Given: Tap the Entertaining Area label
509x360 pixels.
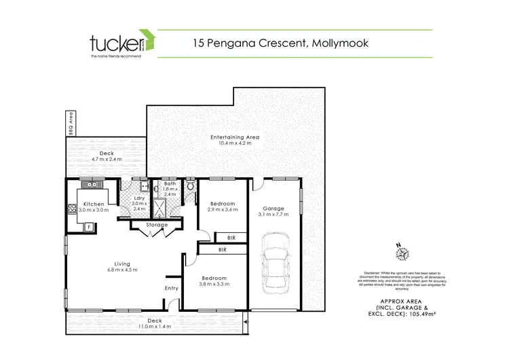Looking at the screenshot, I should (x=235, y=137).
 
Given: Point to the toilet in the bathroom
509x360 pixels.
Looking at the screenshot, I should (x=191, y=185).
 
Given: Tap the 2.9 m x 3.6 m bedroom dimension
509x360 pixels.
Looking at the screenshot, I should (x=222, y=211).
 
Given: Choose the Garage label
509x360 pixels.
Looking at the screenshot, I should (x=274, y=209).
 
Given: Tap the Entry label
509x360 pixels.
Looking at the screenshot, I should (x=171, y=289).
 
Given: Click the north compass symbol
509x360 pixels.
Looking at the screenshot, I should (x=404, y=253).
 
